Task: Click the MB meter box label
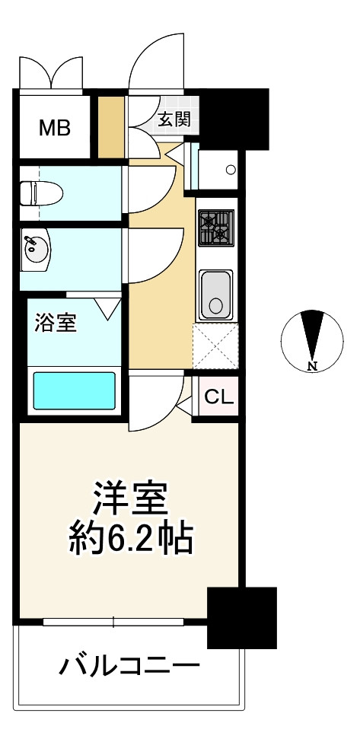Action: [x=54, y=128]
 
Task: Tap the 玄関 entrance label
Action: [x=174, y=119]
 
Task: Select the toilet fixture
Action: [x=42, y=193]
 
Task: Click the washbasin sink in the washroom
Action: [x=36, y=249]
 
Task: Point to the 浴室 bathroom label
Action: [x=55, y=323]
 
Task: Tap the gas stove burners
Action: [x=215, y=228]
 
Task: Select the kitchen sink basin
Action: [x=215, y=294]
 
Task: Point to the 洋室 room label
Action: [x=131, y=498]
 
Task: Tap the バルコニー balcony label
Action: [x=129, y=667]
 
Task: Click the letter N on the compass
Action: [x=312, y=365]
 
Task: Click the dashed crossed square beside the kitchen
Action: [x=215, y=346]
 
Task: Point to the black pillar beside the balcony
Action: [x=242, y=617]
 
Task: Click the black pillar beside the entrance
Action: [x=233, y=119]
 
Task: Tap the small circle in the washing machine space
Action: [x=231, y=170]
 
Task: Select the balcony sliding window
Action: [x=113, y=622]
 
